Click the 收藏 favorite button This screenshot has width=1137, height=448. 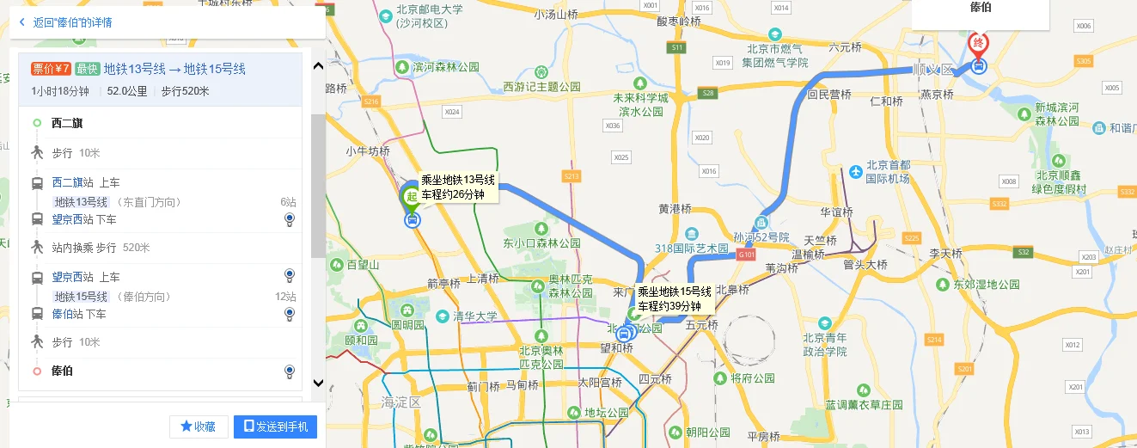click(198, 427)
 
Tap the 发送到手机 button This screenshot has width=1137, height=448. click(275, 427)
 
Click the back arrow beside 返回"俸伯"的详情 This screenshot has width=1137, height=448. click(21, 21)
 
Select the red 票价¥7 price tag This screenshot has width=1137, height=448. click(51, 70)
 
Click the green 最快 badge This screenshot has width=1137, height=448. click(86, 70)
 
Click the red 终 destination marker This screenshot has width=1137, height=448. click(978, 44)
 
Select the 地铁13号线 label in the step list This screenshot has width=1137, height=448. click(81, 202)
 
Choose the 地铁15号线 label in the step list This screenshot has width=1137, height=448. click(81, 297)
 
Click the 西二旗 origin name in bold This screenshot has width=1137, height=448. click(67, 123)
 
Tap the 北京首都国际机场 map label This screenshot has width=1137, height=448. click(888, 172)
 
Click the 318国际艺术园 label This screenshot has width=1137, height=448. click(699, 249)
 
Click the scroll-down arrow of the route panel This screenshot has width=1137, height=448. click(318, 383)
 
